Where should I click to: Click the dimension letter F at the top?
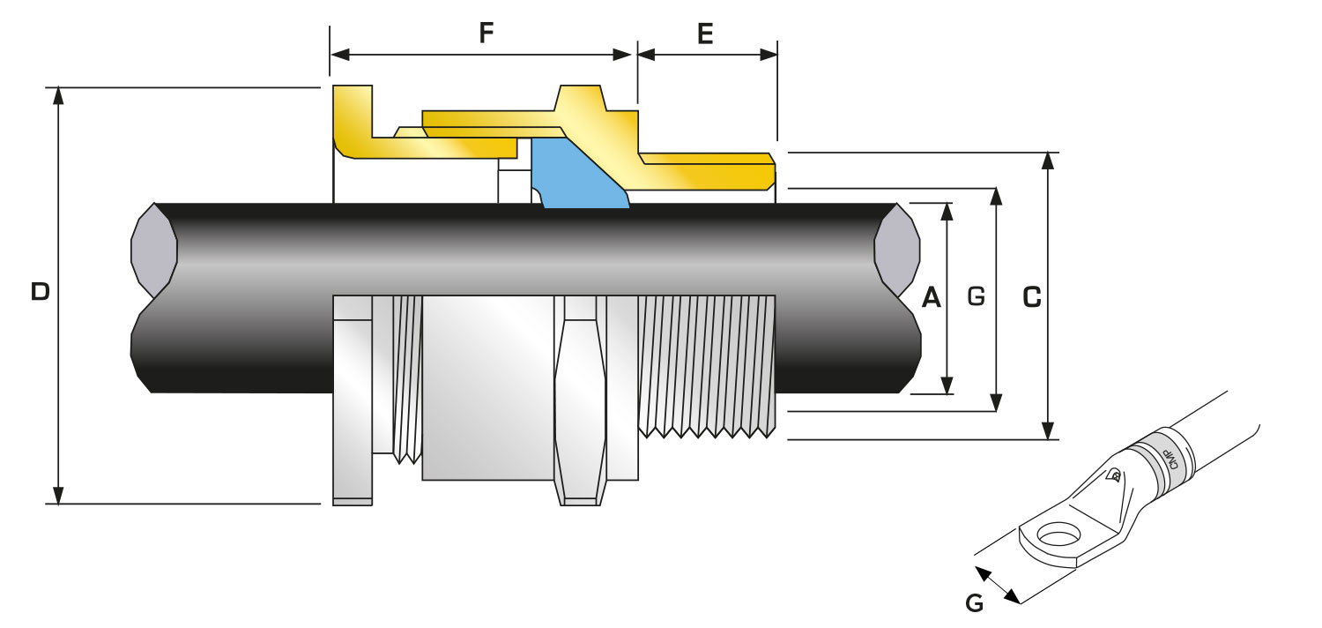tap(486, 34)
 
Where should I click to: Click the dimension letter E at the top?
tap(705, 34)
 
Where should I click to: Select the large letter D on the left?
tap(40, 292)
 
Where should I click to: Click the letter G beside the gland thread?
tap(976, 296)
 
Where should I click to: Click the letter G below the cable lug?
tap(974, 604)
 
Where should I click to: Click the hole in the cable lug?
tap(1057, 534)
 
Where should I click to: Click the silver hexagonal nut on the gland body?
tap(581, 397)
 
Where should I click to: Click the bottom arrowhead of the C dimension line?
tap(1048, 431)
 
